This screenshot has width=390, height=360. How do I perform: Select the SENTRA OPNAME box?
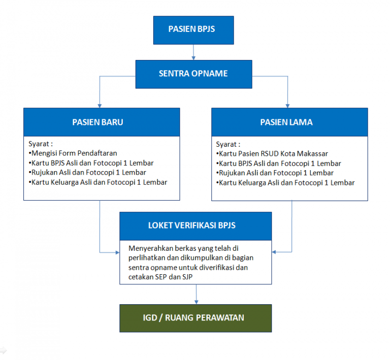[x=193, y=74]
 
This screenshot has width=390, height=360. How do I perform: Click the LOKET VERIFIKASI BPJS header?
[x=196, y=226]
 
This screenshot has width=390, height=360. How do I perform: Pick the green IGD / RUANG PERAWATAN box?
[x=196, y=318]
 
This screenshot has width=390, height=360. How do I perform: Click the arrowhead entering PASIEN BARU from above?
[x=100, y=105]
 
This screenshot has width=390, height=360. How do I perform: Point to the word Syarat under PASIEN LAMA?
[x=227, y=144]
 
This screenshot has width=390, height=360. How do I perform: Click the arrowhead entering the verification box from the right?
[x=274, y=251]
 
